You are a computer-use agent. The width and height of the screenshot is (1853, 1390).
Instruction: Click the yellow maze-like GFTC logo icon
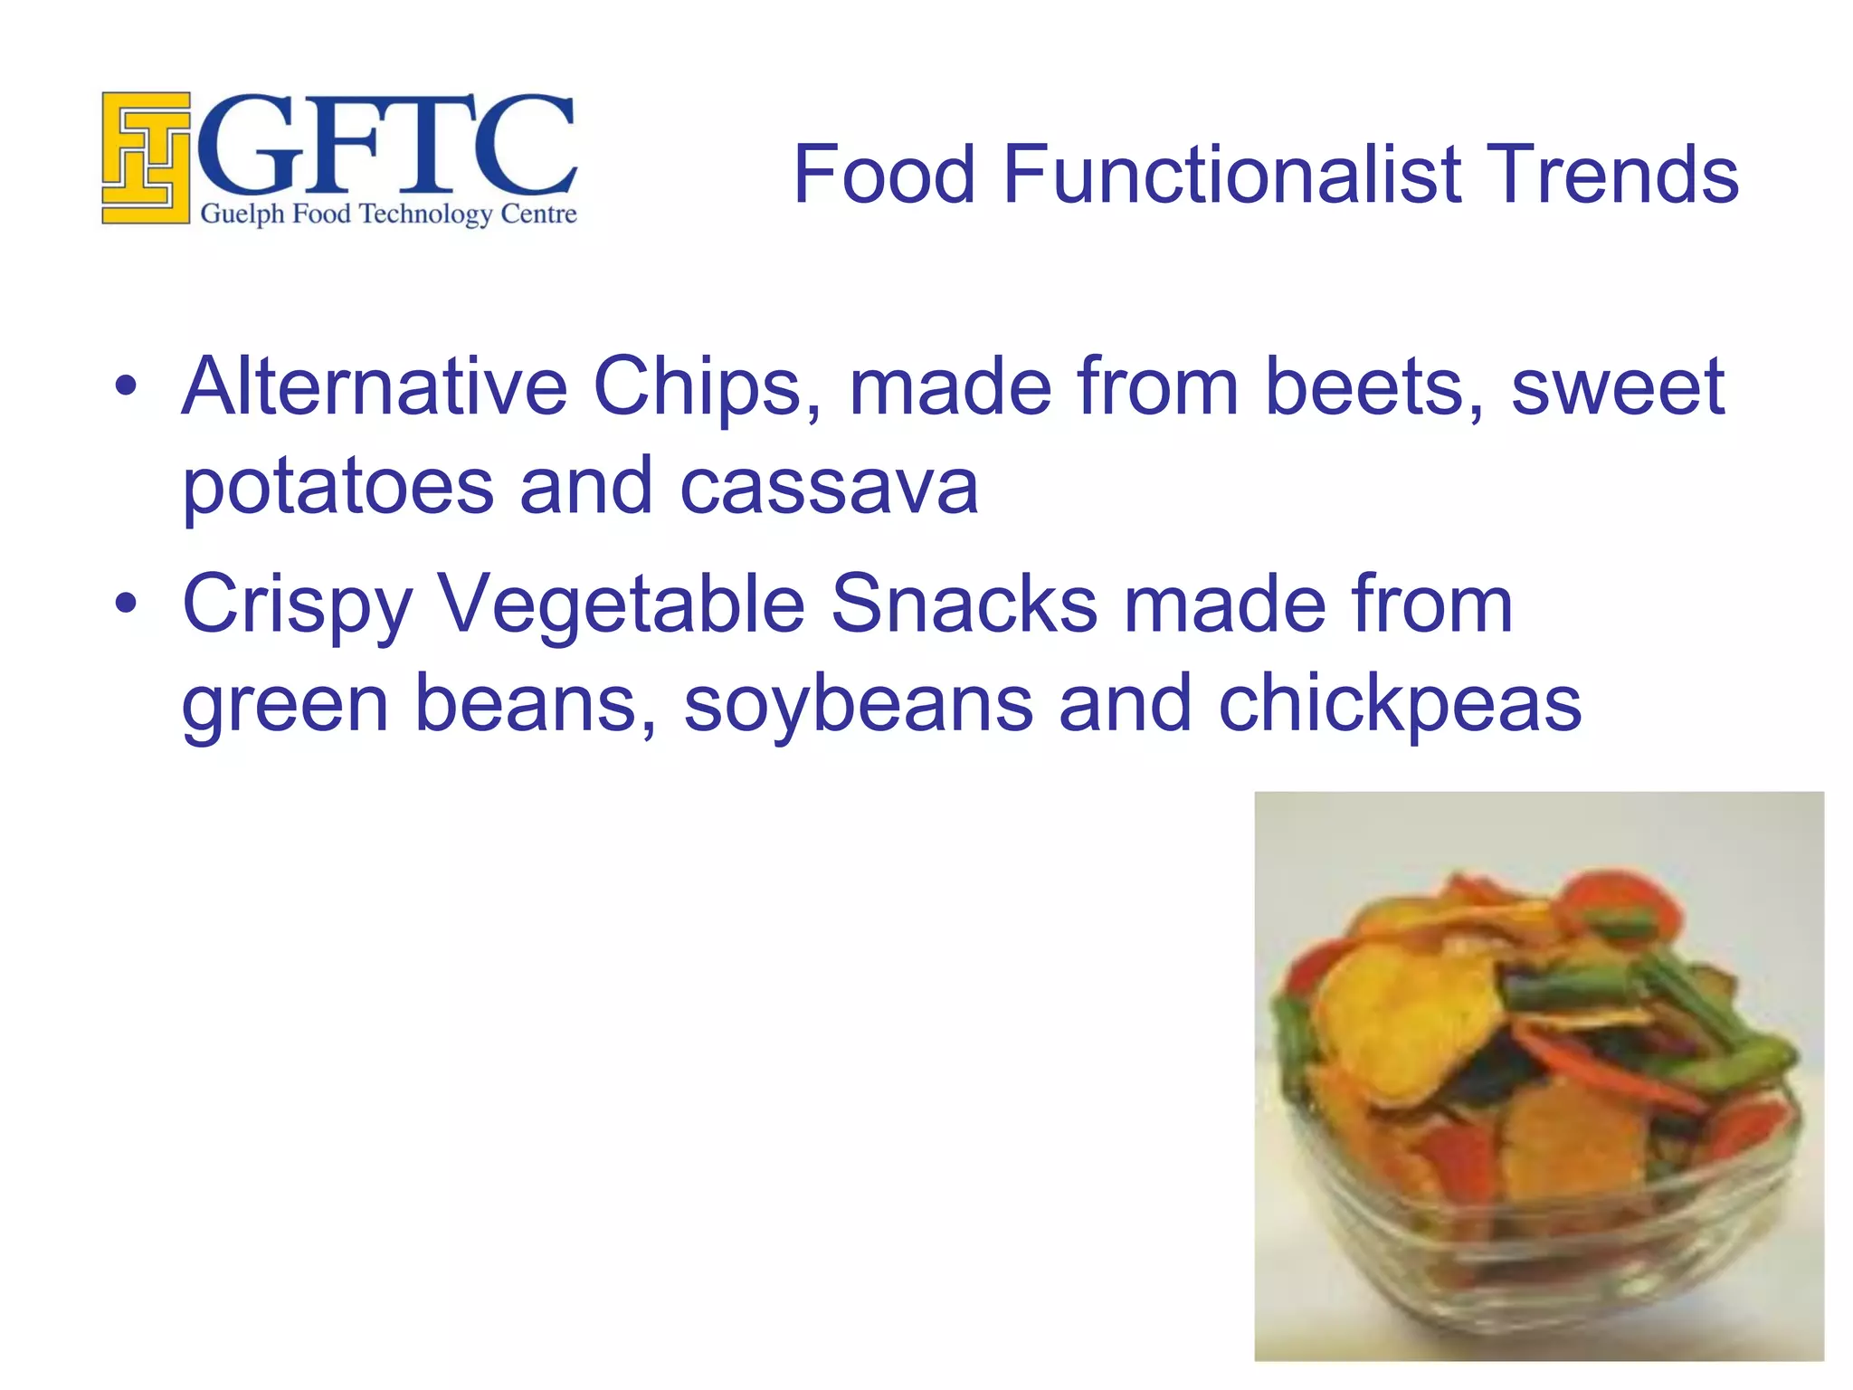[146, 157]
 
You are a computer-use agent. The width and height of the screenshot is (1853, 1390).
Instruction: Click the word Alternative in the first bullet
[375, 387]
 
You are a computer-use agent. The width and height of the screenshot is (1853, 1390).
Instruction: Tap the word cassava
[829, 486]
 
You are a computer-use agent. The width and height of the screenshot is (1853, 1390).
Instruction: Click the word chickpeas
[1400, 706]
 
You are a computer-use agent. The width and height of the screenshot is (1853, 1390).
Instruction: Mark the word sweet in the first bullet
[1618, 387]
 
